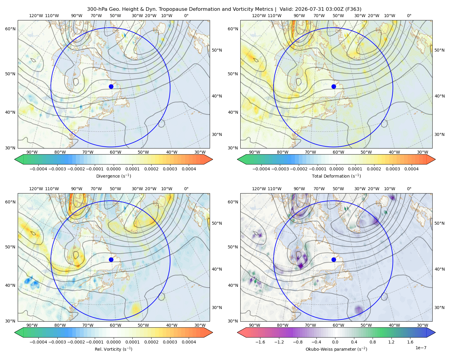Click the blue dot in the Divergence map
[111, 87]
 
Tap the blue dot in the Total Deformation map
[334, 87]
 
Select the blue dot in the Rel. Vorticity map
[111, 259]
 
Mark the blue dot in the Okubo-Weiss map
[334, 259]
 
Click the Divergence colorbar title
[113, 176]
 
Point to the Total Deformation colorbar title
[336, 176]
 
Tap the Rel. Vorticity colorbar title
[113, 349]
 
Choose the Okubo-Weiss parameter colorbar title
[336, 349]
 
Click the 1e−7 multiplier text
[421, 348]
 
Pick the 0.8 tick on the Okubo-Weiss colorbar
[373, 342]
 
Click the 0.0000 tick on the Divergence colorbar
[113, 169]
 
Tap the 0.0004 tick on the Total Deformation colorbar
[411, 169]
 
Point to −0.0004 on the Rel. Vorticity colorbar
[38, 342]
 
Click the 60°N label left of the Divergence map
[10, 29]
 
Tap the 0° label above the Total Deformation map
[409, 16]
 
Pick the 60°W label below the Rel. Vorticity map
[115, 325]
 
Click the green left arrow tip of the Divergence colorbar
[15, 159]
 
